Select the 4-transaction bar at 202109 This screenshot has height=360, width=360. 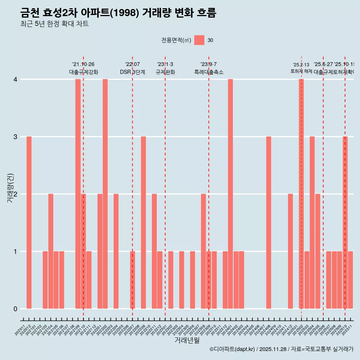78,194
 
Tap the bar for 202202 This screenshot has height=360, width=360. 105,194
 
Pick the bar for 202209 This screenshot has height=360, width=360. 143,222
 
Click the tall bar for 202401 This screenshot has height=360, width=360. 230,194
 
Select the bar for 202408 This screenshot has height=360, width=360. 268,222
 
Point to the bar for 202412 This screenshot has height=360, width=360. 290,251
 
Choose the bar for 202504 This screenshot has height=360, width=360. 312,222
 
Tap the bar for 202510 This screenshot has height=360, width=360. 345,222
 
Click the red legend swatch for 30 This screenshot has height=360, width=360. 199,40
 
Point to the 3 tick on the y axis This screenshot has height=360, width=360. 15,137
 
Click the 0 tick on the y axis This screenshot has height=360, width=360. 15,309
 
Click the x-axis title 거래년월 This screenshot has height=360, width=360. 187,340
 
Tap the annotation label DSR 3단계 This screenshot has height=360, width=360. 132,72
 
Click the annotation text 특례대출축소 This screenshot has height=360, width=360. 208,72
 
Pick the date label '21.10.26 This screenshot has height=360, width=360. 83,64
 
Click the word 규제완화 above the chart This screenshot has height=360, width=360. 165,72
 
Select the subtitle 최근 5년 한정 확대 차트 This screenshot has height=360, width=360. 54,24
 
